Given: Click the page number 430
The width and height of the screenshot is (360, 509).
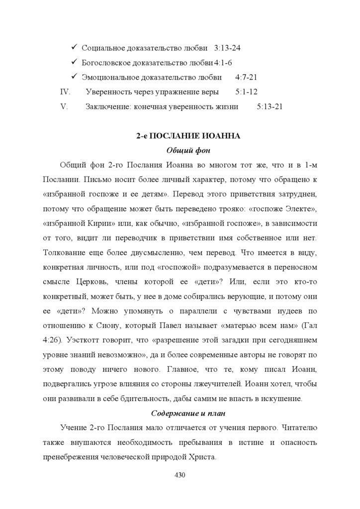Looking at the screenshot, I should click(180, 475).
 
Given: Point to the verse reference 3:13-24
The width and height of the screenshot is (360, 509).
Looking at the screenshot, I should click(228, 48).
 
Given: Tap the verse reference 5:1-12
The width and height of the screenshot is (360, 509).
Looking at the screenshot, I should click(246, 92).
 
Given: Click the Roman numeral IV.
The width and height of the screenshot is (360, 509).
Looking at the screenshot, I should click(65, 92).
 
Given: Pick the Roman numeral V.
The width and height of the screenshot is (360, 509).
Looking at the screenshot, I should click(64, 106).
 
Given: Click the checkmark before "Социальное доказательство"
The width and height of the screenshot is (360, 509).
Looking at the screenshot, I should click(73, 48).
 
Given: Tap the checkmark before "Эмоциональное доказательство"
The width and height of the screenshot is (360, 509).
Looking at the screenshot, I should click(73, 77).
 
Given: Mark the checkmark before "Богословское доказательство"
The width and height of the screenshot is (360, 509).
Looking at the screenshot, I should click(73, 62).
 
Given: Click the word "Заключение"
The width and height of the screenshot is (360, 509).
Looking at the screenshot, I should click(105, 106).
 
